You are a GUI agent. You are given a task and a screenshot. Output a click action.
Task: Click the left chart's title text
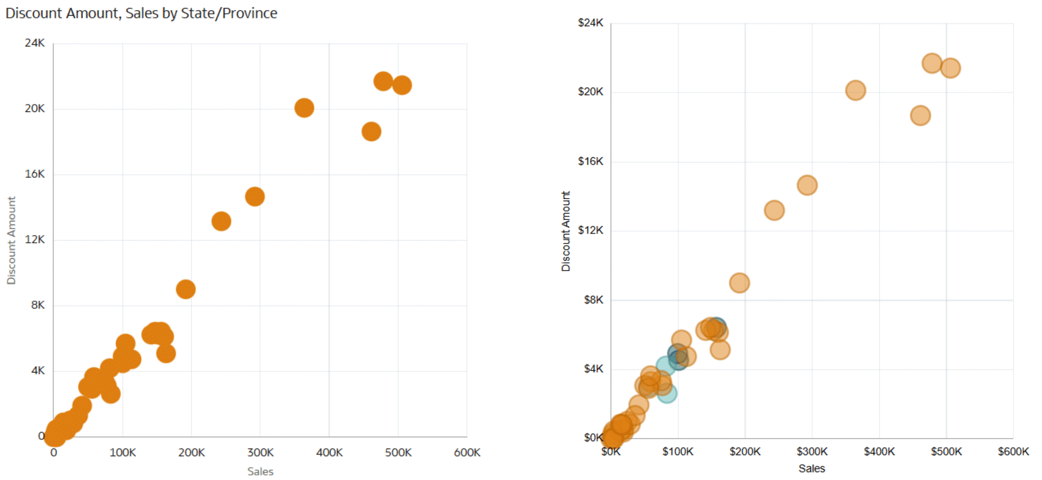[x=141, y=13]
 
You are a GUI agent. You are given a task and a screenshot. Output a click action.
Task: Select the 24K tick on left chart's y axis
[x=35, y=43]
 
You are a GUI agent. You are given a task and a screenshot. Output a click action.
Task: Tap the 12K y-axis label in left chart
[x=35, y=240]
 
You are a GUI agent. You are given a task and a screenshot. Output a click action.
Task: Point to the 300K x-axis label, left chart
[x=260, y=453]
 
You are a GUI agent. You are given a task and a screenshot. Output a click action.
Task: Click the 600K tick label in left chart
[x=467, y=453]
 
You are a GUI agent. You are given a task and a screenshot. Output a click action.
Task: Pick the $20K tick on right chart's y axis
[x=590, y=92]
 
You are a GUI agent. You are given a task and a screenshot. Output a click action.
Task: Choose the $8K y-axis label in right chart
[x=593, y=300]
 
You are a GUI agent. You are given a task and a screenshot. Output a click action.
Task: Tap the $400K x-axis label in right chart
[x=879, y=451]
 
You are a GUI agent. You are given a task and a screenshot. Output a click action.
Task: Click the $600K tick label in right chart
[x=1013, y=451]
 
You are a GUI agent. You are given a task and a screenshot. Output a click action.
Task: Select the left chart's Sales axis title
[x=260, y=472]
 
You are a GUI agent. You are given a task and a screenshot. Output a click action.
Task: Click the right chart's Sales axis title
[x=812, y=468]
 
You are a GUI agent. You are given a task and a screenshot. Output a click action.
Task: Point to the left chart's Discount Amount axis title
[x=11, y=240]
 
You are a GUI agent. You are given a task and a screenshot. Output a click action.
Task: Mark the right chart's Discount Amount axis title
[x=566, y=231]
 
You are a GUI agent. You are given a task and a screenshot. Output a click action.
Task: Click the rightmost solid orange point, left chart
[x=402, y=85]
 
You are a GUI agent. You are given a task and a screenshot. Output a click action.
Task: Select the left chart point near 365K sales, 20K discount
[x=304, y=108]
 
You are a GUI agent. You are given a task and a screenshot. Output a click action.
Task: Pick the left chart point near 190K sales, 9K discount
[x=186, y=290]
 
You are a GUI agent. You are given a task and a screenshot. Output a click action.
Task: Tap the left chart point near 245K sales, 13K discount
[x=221, y=221]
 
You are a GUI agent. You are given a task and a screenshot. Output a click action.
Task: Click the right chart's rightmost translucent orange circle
[x=950, y=68]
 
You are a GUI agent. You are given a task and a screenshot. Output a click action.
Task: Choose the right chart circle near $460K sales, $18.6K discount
[x=920, y=116]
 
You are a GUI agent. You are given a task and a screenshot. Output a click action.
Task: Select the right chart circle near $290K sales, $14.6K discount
[x=807, y=185]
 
